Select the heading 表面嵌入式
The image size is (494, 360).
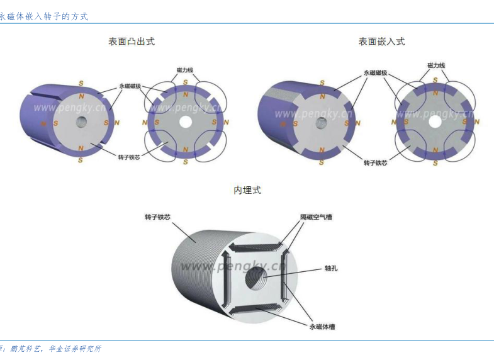pyautogui.click(x=381, y=42)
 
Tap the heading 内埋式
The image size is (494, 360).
pyautogui.click(x=247, y=190)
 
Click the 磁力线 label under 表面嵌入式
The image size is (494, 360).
pyautogui.click(x=436, y=65)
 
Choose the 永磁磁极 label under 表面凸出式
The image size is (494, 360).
pyautogui.click(x=130, y=86)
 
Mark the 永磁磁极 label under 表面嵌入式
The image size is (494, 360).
pyautogui.click(x=375, y=73)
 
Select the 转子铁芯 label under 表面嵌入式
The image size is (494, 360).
pyautogui.click(x=375, y=162)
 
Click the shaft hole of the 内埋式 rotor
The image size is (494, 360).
pyautogui.click(x=257, y=278)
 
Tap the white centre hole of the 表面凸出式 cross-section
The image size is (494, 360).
pyautogui.click(x=185, y=121)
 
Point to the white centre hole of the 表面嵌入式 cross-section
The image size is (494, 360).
pyautogui.click(x=435, y=118)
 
